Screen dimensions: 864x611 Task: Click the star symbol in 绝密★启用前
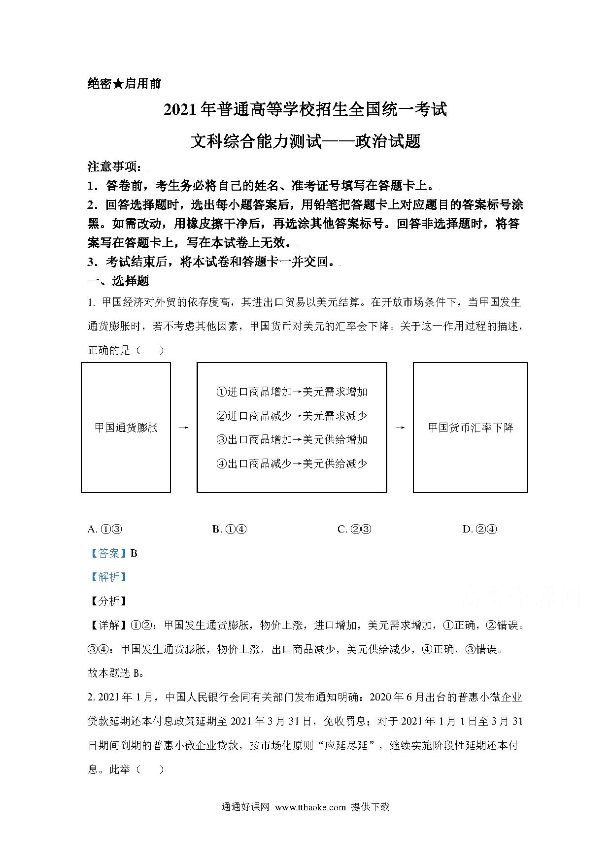tap(118, 84)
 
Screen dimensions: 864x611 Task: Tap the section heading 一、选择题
tap(118, 281)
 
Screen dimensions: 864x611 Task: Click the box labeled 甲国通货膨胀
tap(126, 428)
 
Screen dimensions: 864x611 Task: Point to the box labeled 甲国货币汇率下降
tap(470, 428)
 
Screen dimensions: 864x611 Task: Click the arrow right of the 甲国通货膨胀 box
tap(184, 428)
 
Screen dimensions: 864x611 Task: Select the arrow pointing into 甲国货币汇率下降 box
tap(400, 428)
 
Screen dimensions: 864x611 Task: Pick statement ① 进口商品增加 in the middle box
tap(292, 392)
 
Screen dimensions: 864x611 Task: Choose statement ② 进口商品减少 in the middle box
tap(292, 416)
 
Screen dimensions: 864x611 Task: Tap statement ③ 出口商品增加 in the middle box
tap(292, 439)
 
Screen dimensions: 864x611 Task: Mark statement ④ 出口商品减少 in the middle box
tap(292, 464)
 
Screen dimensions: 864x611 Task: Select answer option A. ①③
tap(104, 530)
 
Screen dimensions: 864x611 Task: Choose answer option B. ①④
tap(229, 530)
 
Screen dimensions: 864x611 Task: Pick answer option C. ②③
tap(354, 530)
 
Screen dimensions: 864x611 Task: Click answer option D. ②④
tap(479, 530)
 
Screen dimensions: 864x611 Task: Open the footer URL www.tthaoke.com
tap(310, 807)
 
